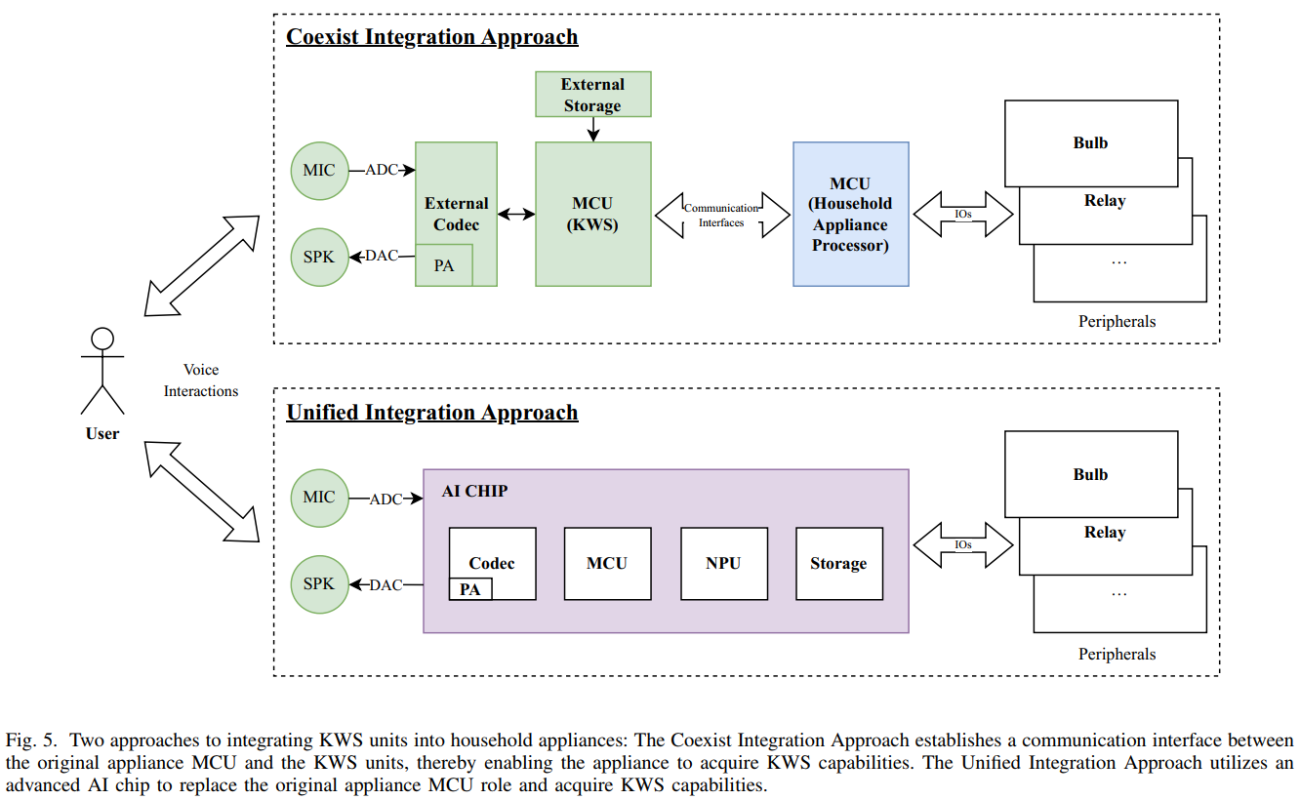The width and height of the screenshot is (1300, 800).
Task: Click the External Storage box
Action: [592, 94]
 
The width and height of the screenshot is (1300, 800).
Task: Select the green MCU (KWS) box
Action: [592, 214]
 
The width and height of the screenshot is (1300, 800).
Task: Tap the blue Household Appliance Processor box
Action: [850, 214]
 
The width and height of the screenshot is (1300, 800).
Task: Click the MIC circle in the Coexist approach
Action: [319, 171]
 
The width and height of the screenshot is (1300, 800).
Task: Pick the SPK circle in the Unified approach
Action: [319, 584]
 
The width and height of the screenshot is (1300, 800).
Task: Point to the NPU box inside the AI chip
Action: [724, 563]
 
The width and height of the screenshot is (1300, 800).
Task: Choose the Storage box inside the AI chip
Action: [839, 563]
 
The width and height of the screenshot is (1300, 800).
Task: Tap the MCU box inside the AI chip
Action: [608, 563]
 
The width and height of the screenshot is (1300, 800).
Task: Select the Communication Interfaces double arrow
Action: [722, 215]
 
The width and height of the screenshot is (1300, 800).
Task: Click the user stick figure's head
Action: [102, 339]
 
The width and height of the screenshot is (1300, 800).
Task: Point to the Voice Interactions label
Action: [201, 380]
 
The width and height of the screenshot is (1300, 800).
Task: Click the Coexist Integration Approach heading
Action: [431, 36]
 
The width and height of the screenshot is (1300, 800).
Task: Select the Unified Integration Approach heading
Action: [431, 412]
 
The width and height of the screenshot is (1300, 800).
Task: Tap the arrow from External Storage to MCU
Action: [592, 130]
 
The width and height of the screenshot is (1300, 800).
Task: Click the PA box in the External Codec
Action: [444, 265]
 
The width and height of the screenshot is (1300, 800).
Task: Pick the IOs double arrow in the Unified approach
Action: [963, 544]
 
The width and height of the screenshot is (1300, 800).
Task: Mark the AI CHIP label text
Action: [474, 491]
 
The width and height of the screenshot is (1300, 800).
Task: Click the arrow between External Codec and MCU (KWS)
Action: [516, 214]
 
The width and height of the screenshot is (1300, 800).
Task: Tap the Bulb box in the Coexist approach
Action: [1091, 143]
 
